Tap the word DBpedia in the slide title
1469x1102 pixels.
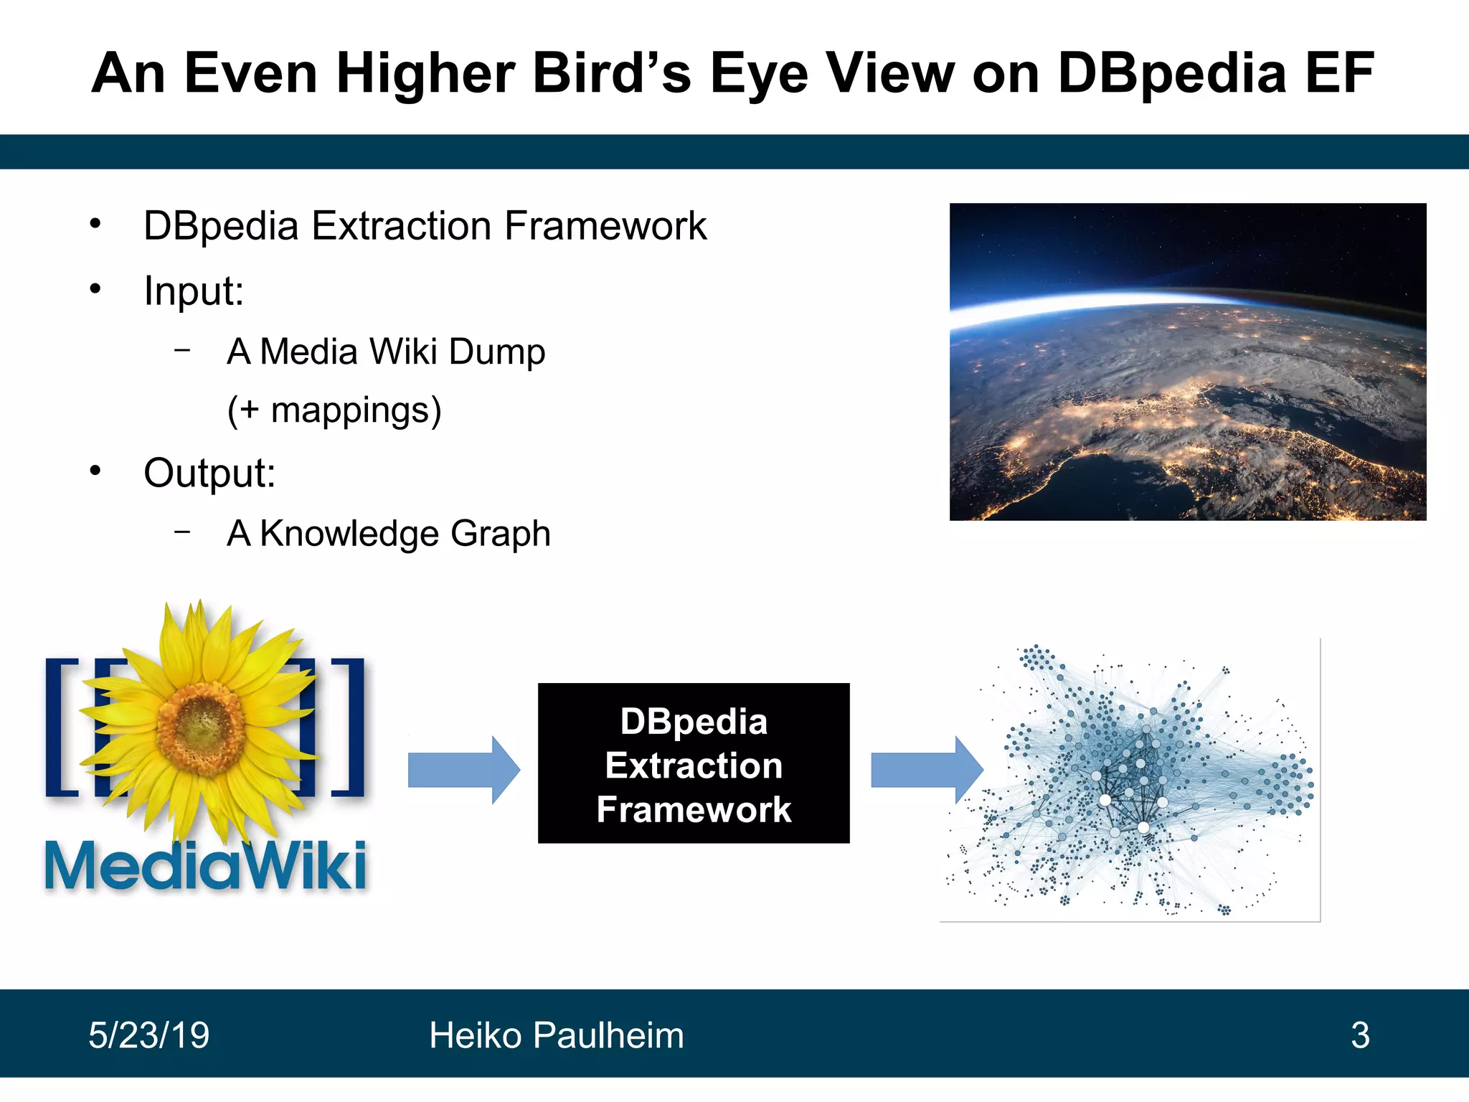[x=1172, y=74]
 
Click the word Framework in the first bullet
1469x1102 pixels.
[x=605, y=227]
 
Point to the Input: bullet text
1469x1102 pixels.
[x=194, y=292]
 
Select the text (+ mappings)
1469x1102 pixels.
[x=334, y=411]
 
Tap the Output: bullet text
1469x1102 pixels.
[x=209, y=474]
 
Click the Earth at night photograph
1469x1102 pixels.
[x=1187, y=362]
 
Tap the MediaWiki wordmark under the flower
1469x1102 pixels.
[x=206, y=866]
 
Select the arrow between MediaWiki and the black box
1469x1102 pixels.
[x=463, y=770]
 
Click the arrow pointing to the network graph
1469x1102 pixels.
[x=925, y=770]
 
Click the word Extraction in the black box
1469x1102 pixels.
[x=693, y=766]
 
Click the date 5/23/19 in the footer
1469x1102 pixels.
[x=148, y=1035]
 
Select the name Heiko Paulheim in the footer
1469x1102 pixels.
[x=556, y=1035]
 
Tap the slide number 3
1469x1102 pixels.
[x=1359, y=1035]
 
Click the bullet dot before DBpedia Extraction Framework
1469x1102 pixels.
[x=95, y=225]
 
